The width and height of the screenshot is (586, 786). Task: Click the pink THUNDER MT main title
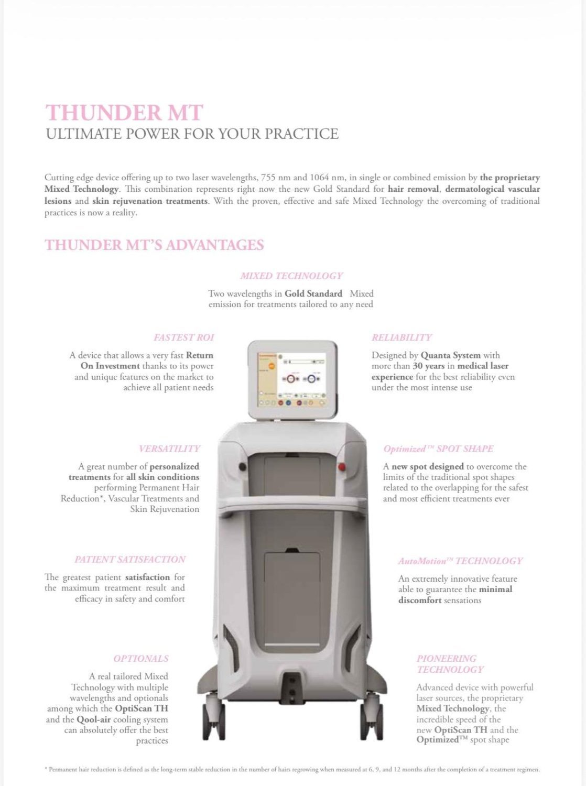coord(124,113)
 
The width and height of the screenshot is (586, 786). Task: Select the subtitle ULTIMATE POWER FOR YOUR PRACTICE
coord(192,134)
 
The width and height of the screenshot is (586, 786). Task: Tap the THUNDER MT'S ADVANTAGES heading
coord(154,245)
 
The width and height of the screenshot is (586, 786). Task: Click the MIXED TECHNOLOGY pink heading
coord(291,276)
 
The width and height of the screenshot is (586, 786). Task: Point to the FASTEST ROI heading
coord(183,337)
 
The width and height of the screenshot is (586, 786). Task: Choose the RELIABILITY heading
coord(401,337)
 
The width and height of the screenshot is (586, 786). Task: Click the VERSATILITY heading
coord(169,449)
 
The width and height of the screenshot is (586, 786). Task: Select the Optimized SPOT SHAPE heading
coord(438,449)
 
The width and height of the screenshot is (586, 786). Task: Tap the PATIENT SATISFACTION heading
coord(130,560)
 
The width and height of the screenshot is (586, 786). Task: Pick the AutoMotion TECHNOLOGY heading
coord(460,561)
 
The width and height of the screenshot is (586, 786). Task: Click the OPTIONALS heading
coord(140,659)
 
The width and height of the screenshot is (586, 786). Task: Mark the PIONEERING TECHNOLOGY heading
coord(450,664)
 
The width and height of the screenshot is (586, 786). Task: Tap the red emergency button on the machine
coord(342,466)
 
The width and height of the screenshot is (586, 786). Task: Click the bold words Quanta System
coord(451,355)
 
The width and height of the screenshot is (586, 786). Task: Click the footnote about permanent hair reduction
coord(292,769)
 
